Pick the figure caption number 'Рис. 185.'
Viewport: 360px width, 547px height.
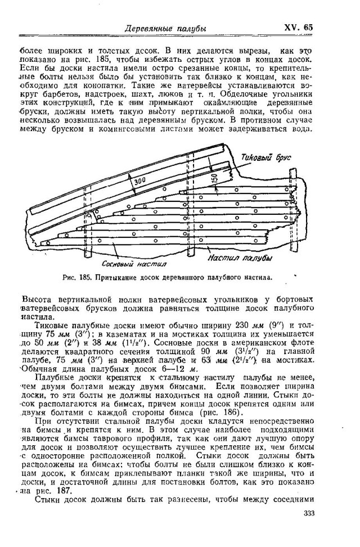pos(77,277)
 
